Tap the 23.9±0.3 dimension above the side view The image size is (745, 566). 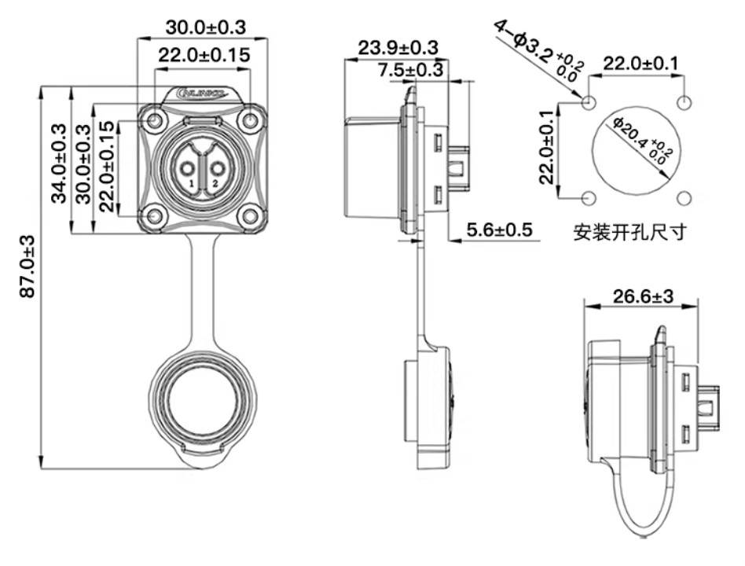(x=398, y=47)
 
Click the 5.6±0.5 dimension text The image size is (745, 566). (x=500, y=230)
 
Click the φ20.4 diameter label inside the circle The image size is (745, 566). (x=640, y=141)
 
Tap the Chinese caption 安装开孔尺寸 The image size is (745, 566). (x=630, y=233)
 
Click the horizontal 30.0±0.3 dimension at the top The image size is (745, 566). (x=204, y=27)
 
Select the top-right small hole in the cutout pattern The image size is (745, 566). (x=685, y=102)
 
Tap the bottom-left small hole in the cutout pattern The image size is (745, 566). (x=589, y=197)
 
